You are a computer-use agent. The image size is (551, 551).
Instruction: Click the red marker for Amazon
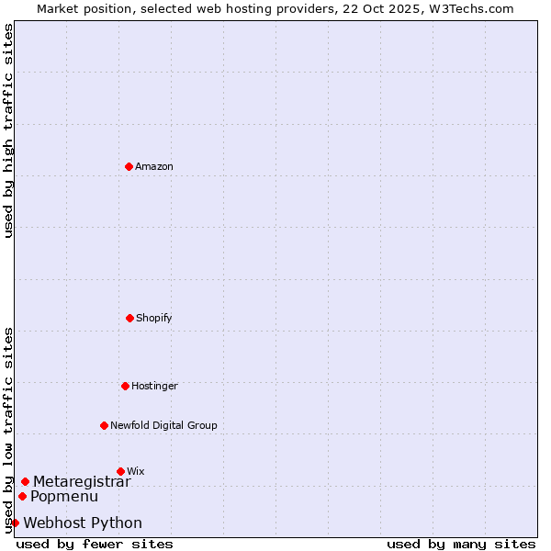129,166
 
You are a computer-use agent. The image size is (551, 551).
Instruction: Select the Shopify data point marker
129,318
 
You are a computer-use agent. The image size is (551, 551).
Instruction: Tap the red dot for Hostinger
125,386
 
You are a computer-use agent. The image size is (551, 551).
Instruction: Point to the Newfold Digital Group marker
104,425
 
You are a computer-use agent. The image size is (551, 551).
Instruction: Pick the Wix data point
120,471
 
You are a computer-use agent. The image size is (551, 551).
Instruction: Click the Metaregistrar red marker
25,481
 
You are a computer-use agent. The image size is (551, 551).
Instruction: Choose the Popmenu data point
22,496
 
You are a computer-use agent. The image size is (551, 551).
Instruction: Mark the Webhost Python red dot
15,523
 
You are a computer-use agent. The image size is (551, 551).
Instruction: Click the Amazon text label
154,166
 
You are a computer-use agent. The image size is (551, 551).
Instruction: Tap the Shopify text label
154,318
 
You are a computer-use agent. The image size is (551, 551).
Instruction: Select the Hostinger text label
154,386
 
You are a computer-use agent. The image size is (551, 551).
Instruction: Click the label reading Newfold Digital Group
163,425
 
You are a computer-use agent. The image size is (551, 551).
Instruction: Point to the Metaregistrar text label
82,481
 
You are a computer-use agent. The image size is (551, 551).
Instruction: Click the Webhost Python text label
83,523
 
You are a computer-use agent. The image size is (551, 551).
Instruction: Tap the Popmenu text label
63,496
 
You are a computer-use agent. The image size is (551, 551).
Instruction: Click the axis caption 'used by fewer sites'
95,544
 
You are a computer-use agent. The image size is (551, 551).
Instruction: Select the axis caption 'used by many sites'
461,544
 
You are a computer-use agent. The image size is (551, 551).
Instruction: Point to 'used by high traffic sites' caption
8,130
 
